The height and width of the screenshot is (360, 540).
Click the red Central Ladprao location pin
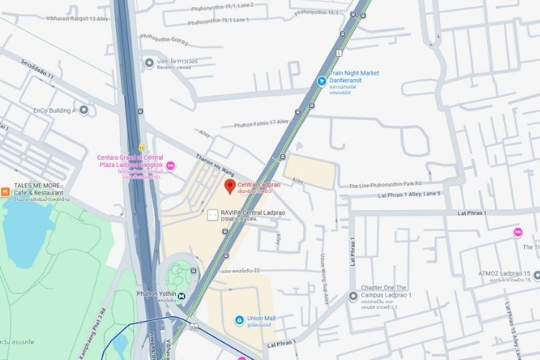[x=230, y=187]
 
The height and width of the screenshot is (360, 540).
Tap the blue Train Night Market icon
[x=323, y=81]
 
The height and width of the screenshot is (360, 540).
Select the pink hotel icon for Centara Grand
[x=170, y=166]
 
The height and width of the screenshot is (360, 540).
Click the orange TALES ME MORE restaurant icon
[x=5, y=192]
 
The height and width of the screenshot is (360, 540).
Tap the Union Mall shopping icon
[x=239, y=319]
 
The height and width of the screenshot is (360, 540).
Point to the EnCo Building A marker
[x=84, y=110]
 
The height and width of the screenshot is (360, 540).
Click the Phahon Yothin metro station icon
[x=182, y=295]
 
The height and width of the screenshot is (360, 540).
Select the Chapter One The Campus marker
[x=353, y=296]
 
